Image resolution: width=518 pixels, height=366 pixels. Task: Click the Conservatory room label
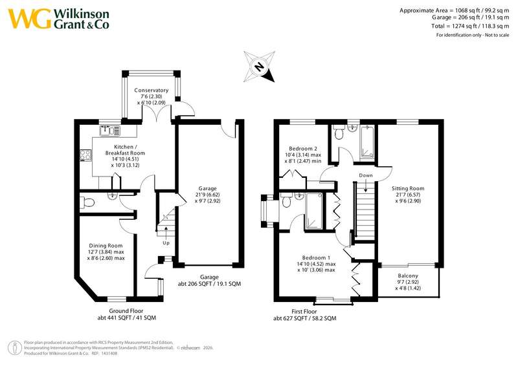pyautogui.click(x=152, y=90)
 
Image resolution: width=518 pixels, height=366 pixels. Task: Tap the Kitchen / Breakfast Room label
pyautogui.click(x=125, y=150)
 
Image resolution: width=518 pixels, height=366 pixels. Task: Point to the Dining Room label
pyautogui.click(x=106, y=246)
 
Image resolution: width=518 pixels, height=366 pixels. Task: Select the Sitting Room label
pyautogui.click(x=408, y=188)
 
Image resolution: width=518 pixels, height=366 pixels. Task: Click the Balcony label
pyautogui.click(x=408, y=275)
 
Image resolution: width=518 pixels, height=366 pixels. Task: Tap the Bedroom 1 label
pyautogui.click(x=316, y=257)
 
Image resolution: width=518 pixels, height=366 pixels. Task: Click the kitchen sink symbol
pyautogui.click(x=110, y=130)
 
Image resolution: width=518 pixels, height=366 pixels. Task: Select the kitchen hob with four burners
pyautogui.click(x=85, y=155)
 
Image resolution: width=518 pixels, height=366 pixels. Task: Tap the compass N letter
pyautogui.click(x=260, y=67)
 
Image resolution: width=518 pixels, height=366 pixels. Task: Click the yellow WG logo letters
pyautogui.click(x=30, y=19)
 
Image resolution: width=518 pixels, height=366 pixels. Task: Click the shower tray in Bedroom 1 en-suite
pyautogui.click(x=314, y=211)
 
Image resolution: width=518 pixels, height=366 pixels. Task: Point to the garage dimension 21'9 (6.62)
pyautogui.click(x=207, y=195)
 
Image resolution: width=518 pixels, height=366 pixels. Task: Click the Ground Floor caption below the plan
pyautogui.click(x=126, y=311)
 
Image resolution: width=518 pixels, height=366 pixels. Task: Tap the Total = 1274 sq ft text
pyautogui.click(x=454, y=26)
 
